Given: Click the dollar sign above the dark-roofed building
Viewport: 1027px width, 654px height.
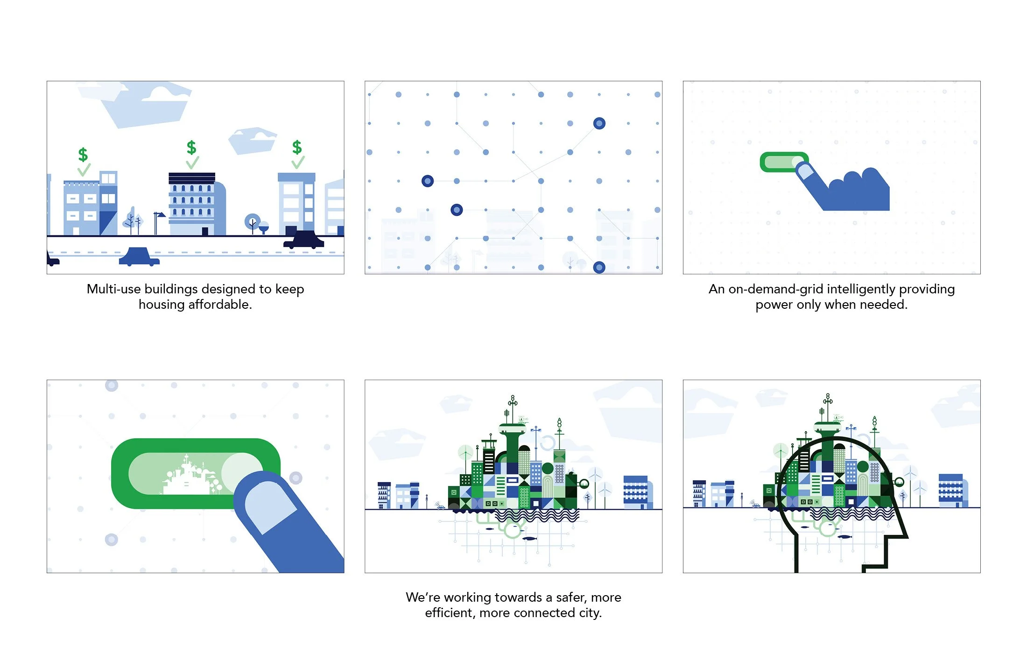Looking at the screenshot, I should coord(191,147).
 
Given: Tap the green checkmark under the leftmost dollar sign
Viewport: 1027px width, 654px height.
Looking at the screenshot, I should coord(84,169).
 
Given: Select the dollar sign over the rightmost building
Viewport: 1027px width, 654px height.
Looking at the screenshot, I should coord(297,147).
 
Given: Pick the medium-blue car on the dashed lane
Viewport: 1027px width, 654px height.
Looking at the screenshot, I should coord(139,257).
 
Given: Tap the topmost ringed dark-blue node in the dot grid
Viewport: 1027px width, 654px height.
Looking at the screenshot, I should coord(599,123).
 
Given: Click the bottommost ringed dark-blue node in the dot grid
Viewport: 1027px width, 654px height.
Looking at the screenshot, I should coord(599,267).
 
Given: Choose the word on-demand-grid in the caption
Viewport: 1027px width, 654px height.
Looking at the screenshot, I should coord(769,289).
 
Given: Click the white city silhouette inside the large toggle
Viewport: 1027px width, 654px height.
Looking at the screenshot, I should coord(187,476).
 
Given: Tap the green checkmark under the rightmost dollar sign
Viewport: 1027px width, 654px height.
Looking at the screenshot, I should coord(298,163).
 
